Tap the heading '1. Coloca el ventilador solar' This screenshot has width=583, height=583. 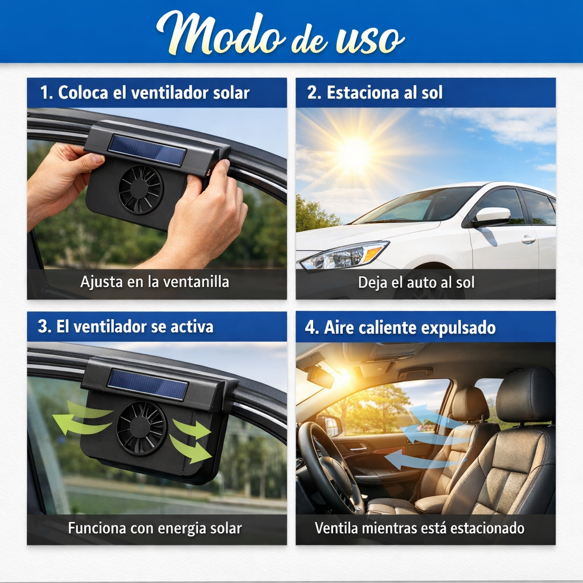pyautogui.click(x=145, y=93)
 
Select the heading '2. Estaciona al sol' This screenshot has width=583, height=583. pyautogui.click(x=375, y=93)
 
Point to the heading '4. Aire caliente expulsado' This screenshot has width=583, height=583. pyautogui.click(x=401, y=328)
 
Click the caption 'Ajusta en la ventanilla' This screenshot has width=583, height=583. pyautogui.click(x=154, y=282)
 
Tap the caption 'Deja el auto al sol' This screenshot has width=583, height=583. pyautogui.click(x=416, y=282)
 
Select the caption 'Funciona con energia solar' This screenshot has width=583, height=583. pyautogui.click(x=155, y=528)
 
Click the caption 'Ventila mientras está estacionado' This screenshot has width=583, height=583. pyautogui.click(x=420, y=528)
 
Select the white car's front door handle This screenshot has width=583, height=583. pyautogui.click(x=528, y=240)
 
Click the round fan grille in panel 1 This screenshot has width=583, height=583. pyautogui.click(x=141, y=190)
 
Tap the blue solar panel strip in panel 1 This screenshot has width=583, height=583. pyautogui.click(x=147, y=150)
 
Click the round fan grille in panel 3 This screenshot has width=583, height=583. pyautogui.click(x=141, y=428)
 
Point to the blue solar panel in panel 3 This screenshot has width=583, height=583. pyautogui.click(x=147, y=384)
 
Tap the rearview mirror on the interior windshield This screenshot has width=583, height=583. pyautogui.click(x=320, y=376)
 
